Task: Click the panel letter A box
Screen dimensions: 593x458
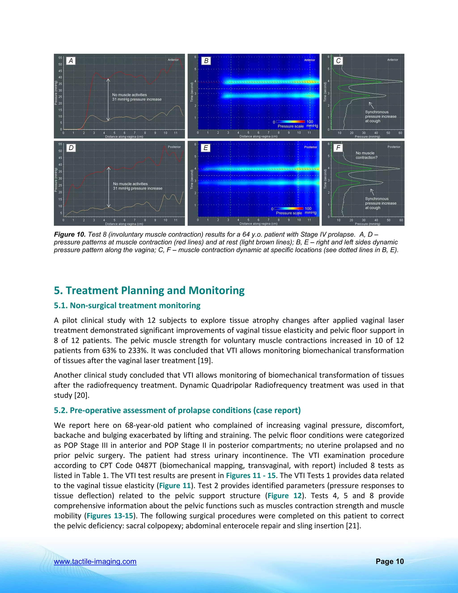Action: tap(71, 61)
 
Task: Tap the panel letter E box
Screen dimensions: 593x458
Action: tap(206, 148)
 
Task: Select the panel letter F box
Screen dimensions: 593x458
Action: tap(338, 148)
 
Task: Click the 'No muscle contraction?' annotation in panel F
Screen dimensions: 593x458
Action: tap(366, 155)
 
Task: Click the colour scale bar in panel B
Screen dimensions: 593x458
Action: tap(290, 122)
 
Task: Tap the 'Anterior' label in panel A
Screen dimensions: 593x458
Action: tap(173, 60)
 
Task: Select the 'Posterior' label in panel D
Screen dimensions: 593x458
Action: tap(174, 147)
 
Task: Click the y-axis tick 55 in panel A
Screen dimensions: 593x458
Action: tap(60, 58)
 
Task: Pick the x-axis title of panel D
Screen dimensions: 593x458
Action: tap(124, 224)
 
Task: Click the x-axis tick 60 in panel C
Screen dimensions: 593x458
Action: tap(400, 133)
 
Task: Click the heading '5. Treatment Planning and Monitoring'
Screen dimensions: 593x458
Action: tap(149, 290)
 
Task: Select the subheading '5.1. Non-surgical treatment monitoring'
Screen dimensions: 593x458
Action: tap(127, 305)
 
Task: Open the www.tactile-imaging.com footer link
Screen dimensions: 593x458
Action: tap(95, 561)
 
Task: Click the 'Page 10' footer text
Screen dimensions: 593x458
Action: tap(390, 561)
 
